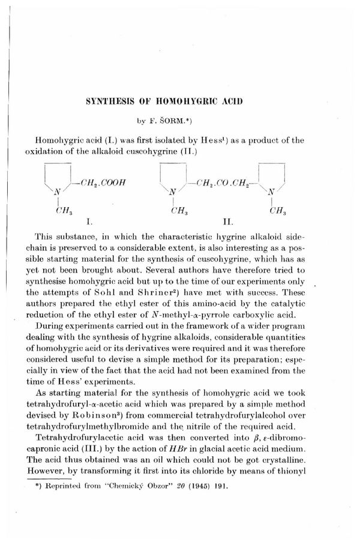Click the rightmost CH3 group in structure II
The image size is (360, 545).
click(x=277, y=211)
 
